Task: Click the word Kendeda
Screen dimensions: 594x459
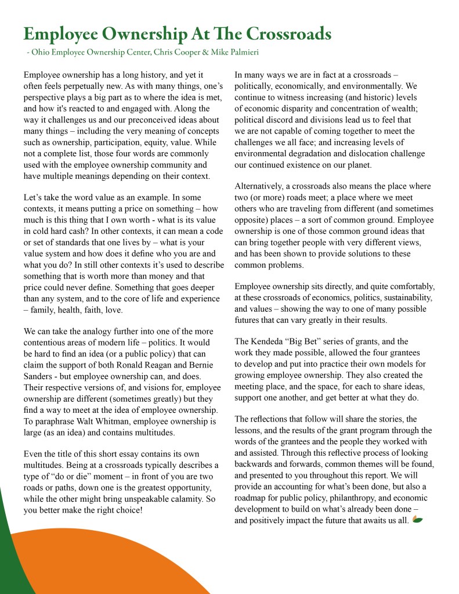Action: pyautogui.click(x=273, y=341)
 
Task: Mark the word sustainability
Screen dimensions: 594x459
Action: pyautogui.click(x=399, y=297)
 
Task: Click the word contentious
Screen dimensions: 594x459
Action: pyautogui.click(x=48, y=342)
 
